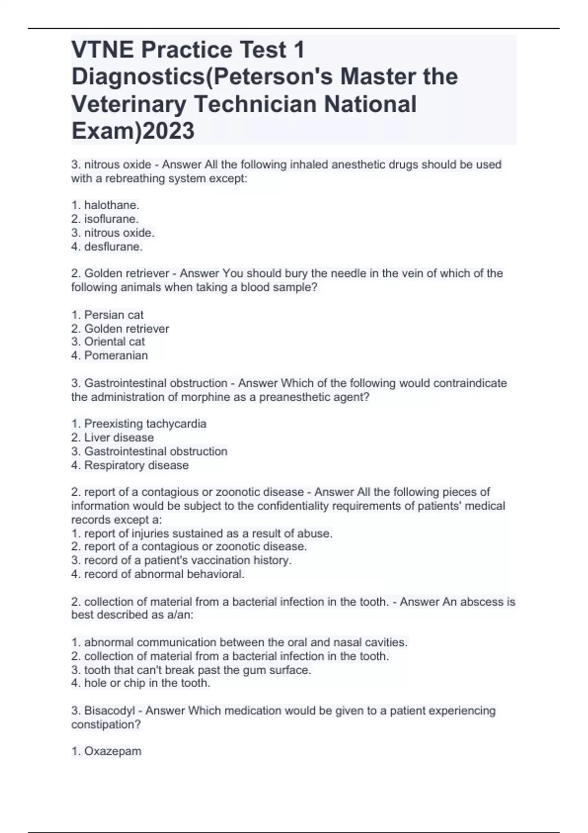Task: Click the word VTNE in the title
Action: pos(102,50)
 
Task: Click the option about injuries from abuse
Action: pos(202,533)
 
